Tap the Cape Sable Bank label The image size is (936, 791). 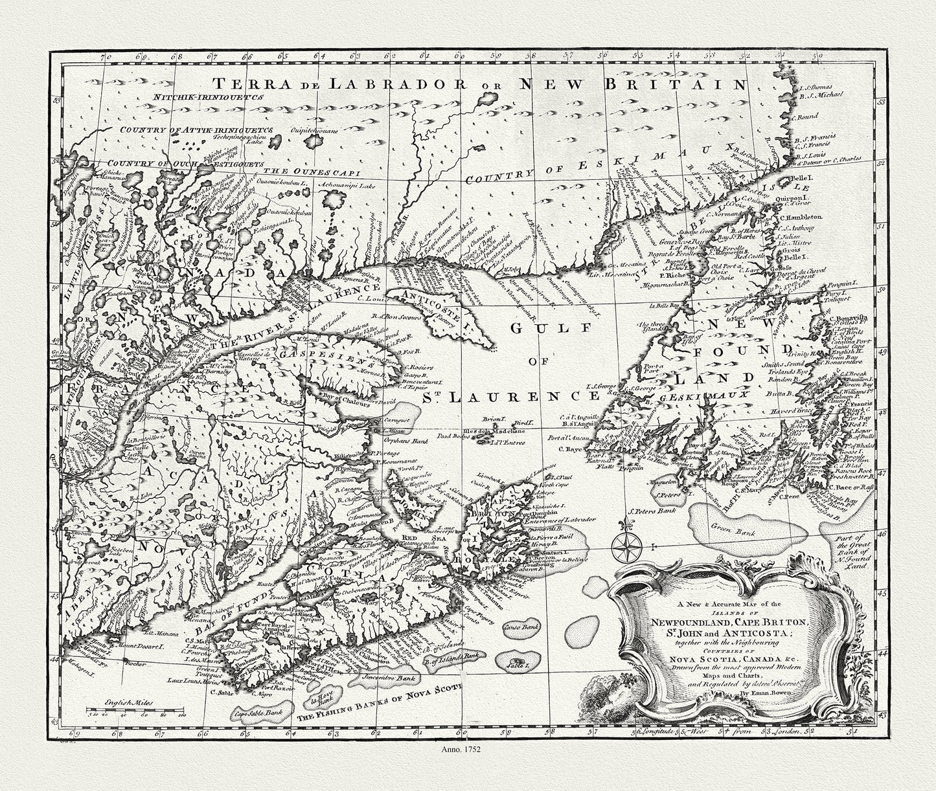[x=259, y=712]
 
